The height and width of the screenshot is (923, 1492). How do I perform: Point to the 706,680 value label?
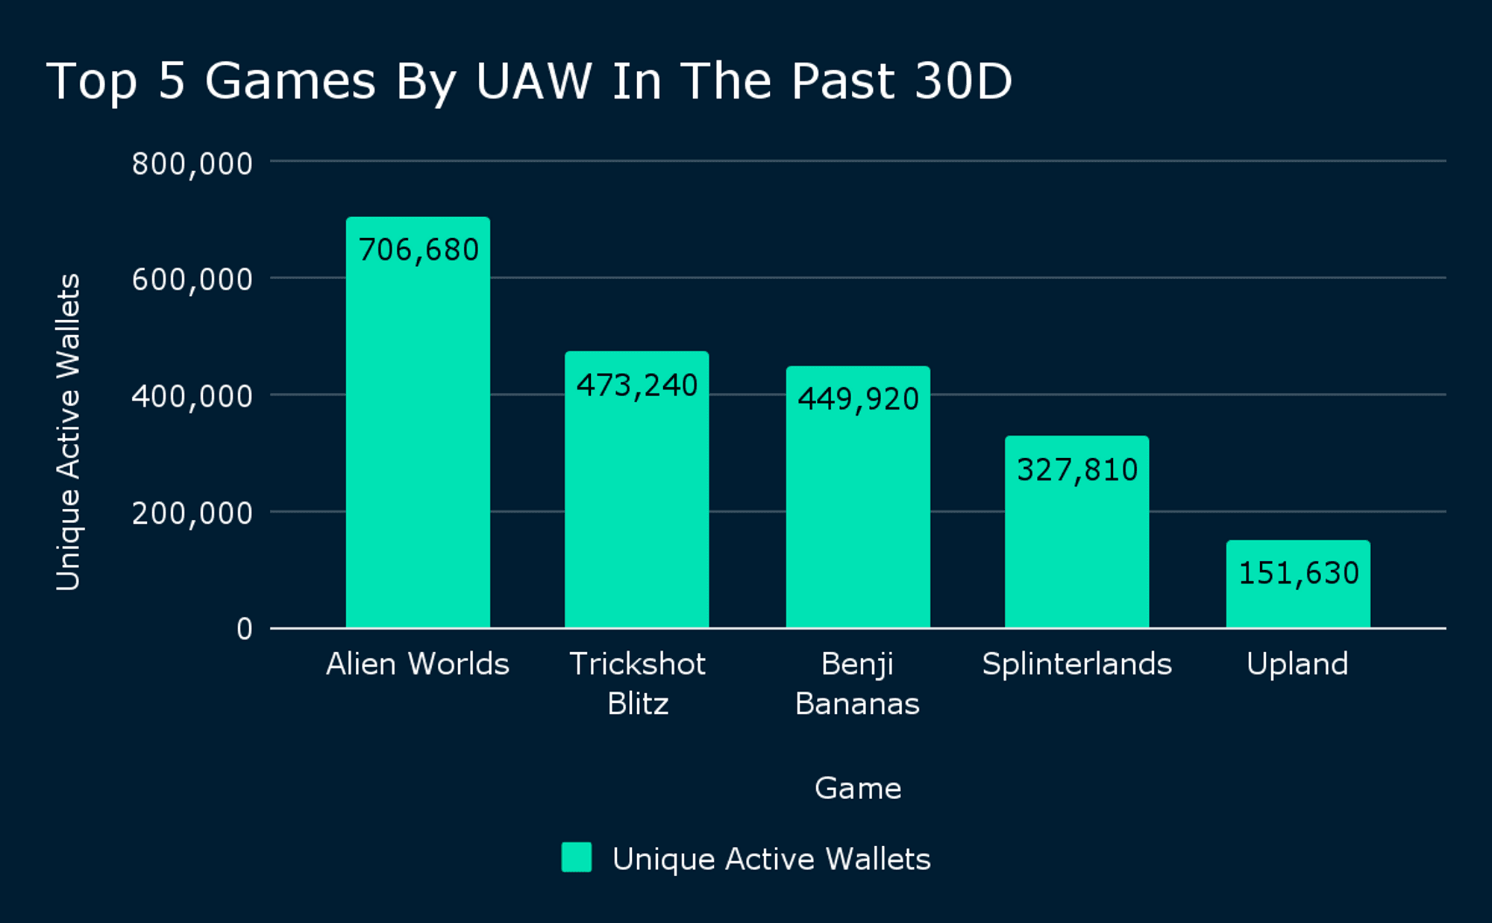click(419, 250)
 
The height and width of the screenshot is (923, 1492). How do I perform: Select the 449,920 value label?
click(858, 399)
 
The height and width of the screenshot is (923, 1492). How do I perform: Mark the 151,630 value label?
click(1298, 573)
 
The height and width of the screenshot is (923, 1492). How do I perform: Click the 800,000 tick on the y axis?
click(192, 163)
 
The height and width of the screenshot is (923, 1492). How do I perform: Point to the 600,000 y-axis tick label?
click(192, 280)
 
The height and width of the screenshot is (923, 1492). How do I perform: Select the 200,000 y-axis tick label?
click(192, 513)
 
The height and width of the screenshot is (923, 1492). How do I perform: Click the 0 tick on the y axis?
click(244, 629)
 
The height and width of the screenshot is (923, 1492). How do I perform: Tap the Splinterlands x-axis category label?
click(1076, 663)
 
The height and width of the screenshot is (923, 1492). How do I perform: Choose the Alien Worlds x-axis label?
click(417, 663)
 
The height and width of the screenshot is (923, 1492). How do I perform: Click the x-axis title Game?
click(858, 788)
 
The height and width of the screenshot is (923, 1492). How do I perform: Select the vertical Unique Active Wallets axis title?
click(68, 433)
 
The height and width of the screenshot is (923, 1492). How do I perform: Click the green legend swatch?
click(577, 857)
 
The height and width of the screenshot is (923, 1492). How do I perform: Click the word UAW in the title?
click(533, 81)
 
